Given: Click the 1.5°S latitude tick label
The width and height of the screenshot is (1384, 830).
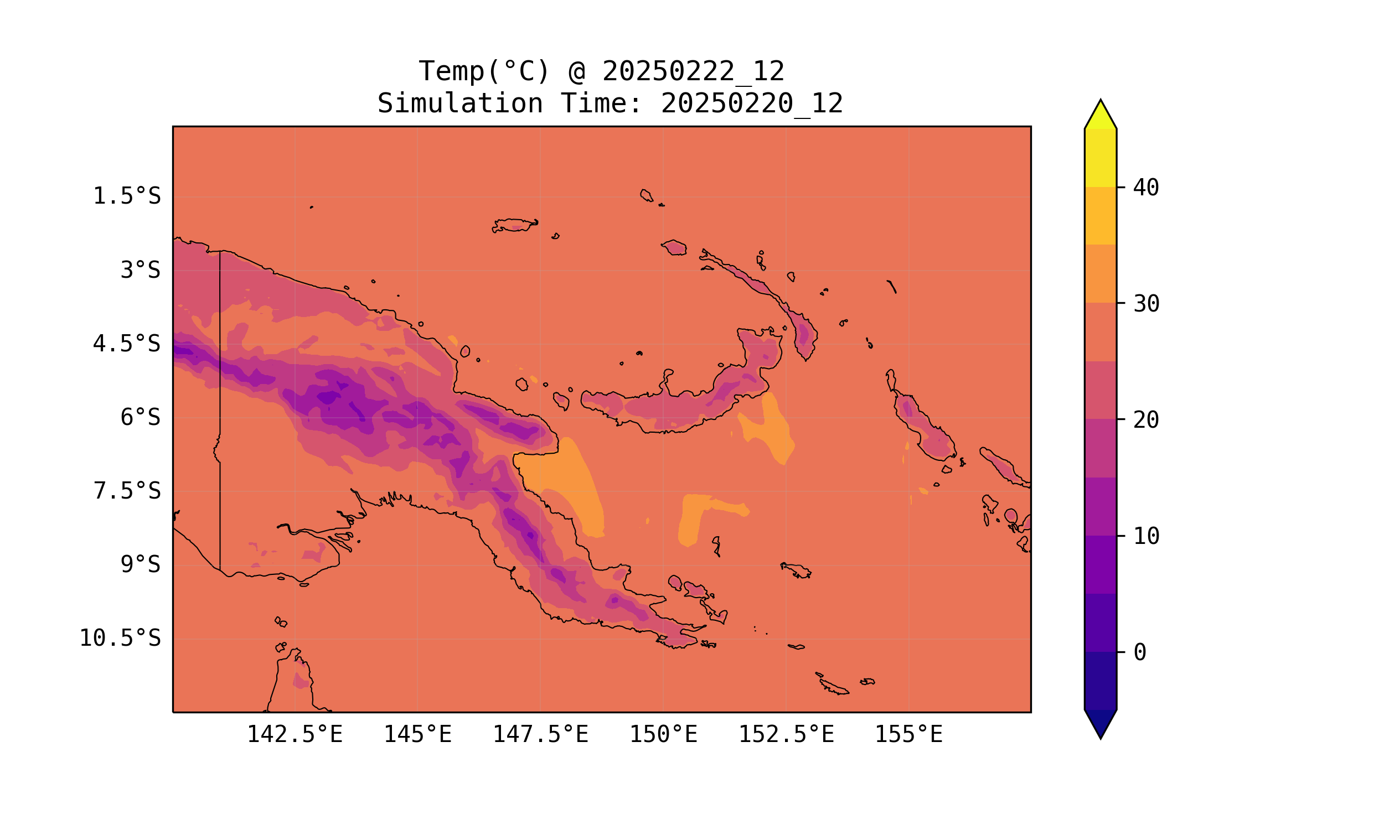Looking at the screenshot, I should coord(127,196).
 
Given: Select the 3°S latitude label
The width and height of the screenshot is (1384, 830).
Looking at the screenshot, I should coord(141,270).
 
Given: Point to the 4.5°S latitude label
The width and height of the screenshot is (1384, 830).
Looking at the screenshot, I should coord(127,344).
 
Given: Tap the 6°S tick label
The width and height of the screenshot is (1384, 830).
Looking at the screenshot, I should coord(141,417).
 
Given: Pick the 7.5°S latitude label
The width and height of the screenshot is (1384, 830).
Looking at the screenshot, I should coord(127,491).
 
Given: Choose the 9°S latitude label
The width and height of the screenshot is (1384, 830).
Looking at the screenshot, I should coord(141,564).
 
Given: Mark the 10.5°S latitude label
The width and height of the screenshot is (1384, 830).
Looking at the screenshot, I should coord(120,638).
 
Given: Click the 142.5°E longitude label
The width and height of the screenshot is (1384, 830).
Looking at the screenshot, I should coord(295,734).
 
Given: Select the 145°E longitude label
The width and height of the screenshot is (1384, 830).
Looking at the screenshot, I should coord(417,734).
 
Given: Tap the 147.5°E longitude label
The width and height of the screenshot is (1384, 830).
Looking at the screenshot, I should coord(540,734).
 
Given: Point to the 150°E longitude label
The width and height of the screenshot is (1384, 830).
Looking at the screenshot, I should coord(663,734).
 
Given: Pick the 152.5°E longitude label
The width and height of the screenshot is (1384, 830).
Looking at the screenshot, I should coord(786,734).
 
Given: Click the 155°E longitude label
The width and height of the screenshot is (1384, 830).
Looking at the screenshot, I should coord(908,734).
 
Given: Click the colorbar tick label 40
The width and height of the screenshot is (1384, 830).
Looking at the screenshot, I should coord(1147,188).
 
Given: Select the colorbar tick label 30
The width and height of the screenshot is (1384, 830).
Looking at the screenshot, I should coord(1147,304).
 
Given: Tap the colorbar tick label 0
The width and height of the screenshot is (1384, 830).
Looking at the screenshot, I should coord(1140,652).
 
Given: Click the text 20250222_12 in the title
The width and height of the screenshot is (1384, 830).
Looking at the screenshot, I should coord(693,71).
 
